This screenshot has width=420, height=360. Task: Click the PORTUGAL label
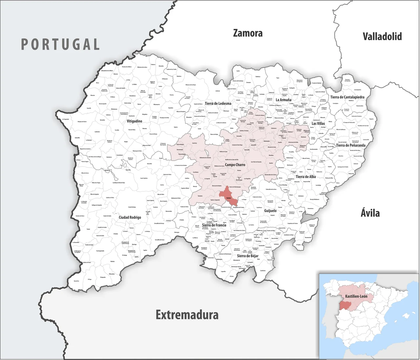(x=60, y=44)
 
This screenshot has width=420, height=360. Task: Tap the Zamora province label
(x=248, y=33)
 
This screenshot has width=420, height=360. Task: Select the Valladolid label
(x=382, y=36)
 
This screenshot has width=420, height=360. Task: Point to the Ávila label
(x=370, y=213)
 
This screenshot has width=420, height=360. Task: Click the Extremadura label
(x=187, y=315)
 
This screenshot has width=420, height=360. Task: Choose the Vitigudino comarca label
(x=135, y=121)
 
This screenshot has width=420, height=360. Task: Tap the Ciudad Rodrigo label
(x=130, y=217)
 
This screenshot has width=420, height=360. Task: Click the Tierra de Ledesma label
(x=218, y=103)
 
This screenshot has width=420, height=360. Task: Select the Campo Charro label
(x=235, y=165)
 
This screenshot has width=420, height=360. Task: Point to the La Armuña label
(x=283, y=100)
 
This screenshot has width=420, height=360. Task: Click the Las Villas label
(x=318, y=124)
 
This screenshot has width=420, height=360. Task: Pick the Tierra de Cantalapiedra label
(x=347, y=97)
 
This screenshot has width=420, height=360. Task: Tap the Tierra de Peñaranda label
(x=350, y=145)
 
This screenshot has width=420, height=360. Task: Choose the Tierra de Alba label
(x=305, y=177)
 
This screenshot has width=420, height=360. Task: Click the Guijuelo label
(x=270, y=211)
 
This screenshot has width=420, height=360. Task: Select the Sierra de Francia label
(x=214, y=225)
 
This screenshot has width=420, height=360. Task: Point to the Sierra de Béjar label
(x=247, y=256)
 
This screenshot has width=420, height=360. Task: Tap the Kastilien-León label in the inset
(x=356, y=296)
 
